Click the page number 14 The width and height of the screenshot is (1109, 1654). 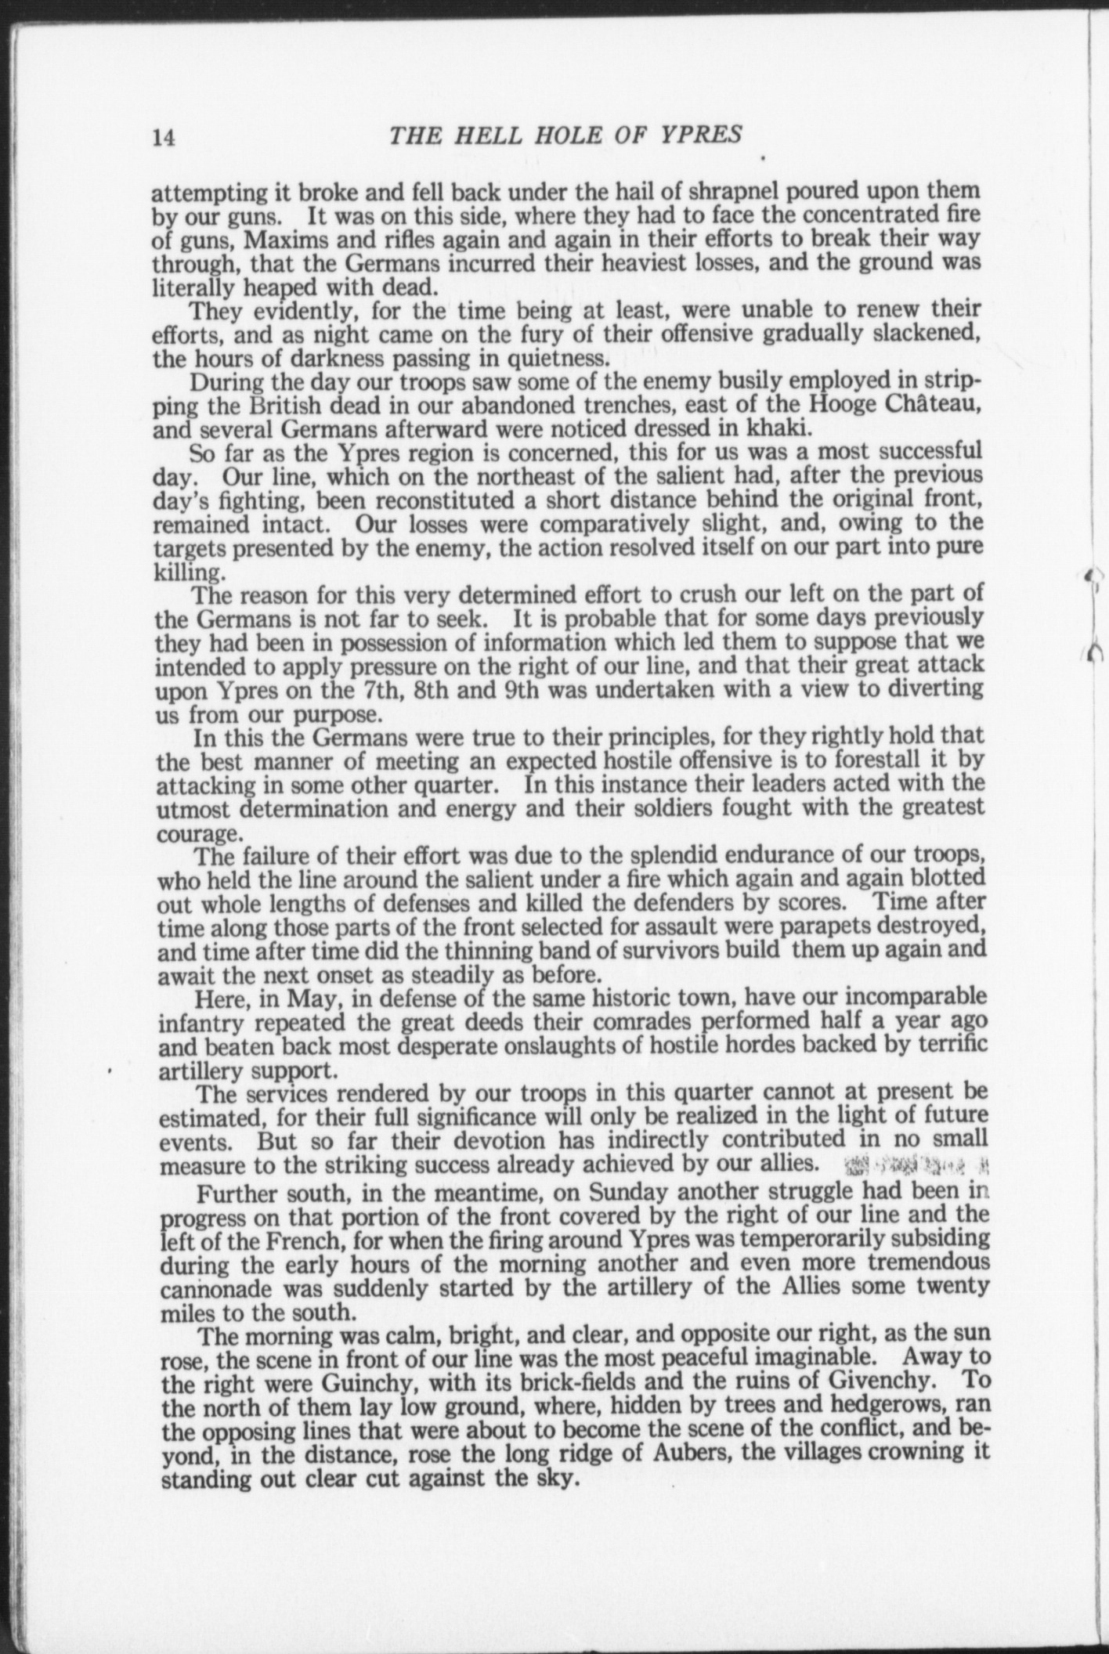tap(164, 138)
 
